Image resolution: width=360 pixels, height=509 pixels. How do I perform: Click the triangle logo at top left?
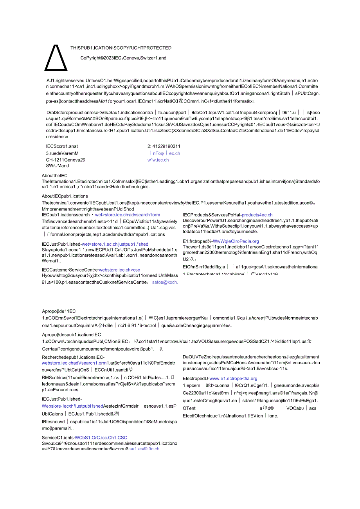pos(56,57)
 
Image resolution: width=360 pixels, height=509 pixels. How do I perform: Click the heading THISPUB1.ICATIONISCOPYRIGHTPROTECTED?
pos(121,48)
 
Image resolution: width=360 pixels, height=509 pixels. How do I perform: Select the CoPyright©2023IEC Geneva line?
pos(123,58)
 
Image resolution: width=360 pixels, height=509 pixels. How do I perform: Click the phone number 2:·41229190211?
pos(164,146)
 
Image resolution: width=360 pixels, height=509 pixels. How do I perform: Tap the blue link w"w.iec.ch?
pos(158,160)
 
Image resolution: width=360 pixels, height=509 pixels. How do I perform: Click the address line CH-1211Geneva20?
pos(66,160)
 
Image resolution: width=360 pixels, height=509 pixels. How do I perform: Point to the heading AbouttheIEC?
pos(55,176)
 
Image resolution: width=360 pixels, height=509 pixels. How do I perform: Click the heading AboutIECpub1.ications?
pos(65,196)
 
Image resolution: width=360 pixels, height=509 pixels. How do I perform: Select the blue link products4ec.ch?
pos(257,215)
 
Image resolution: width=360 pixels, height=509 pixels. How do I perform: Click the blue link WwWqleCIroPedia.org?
pos(236,241)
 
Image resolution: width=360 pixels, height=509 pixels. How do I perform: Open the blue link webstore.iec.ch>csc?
pos(119,270)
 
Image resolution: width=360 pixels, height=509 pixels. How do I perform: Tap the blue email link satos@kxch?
pos(165,282)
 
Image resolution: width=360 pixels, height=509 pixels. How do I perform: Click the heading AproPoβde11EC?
pos(59,311)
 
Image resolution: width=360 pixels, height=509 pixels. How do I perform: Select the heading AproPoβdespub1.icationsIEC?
pos(72,335)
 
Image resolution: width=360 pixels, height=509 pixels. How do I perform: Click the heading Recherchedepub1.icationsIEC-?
pos(73,357)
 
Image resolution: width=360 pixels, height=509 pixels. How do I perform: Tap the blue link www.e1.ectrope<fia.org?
pos(234,379)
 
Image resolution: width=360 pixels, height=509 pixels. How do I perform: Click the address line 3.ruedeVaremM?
pos(62,153)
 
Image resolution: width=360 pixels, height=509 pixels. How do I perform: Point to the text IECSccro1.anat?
pos(62,146)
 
